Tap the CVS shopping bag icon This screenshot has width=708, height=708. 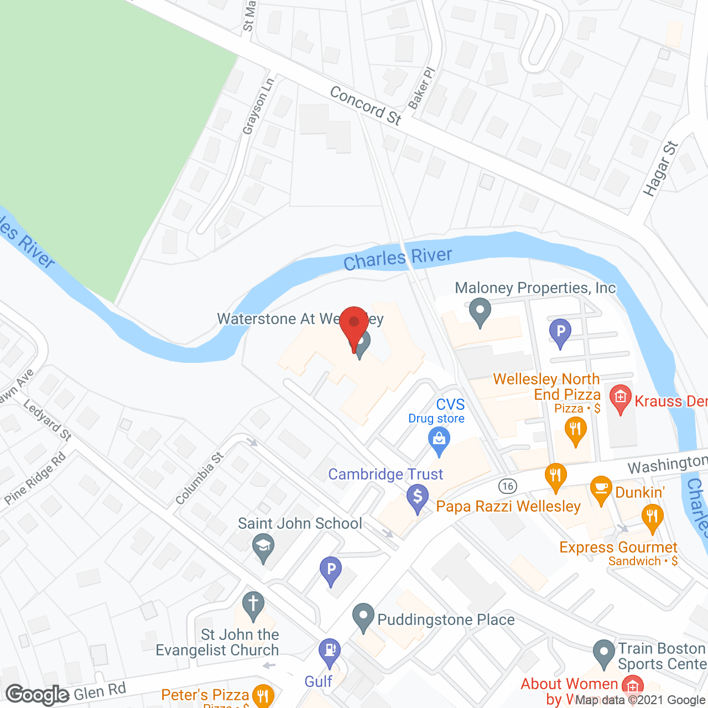coord(439,441)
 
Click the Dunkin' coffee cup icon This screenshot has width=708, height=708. coord(601,489)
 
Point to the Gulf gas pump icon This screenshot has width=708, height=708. coord(330,651)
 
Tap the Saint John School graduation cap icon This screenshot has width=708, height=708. coord(263,548)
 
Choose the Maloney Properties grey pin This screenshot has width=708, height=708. coord(480,311)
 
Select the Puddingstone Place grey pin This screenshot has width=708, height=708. coord(363,616)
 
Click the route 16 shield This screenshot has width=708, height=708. coord(507,486)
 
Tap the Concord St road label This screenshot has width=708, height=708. coord(366,105)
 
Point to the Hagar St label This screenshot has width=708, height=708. coord(660,168)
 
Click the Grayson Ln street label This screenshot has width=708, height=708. coord(258,106)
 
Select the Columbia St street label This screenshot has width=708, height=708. coord(199,478)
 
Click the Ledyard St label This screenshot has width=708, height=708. coord(48,420)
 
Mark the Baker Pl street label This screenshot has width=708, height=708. coord(421,88)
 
